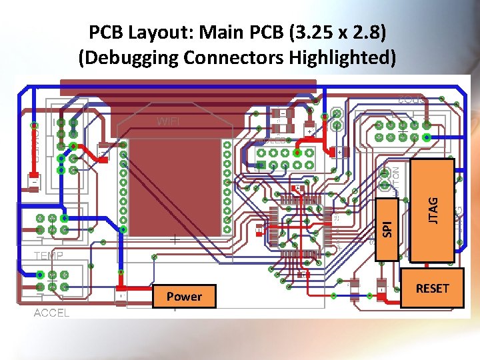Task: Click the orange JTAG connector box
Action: click(433, 211)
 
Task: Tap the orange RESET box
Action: click(432, 288)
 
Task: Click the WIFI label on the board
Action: click(168, 121)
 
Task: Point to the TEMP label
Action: click(49, 255)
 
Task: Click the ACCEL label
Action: click(51, 313)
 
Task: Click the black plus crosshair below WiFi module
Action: click(175, 238)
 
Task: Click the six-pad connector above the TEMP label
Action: click(52, 224)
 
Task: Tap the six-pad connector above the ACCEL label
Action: click(52, 280)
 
